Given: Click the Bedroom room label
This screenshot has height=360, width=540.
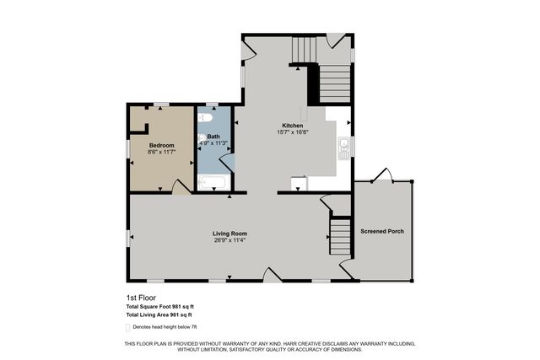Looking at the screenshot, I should click(161, 145).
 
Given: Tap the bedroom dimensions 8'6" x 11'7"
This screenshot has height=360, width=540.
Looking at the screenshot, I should click(161, 152).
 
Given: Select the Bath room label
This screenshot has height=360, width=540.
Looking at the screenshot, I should click(213, 137).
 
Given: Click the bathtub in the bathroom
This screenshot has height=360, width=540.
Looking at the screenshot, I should click(213, 181).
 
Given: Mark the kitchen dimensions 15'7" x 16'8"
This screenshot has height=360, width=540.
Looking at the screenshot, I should click(292, 132).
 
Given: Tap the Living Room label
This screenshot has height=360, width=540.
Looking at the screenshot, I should click(229, 234).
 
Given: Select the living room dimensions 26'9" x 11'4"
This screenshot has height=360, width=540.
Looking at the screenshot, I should click(229, 240).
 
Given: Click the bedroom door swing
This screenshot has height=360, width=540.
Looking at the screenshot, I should click(181, 186).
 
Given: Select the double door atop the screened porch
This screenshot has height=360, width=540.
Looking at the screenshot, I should click(381, 175).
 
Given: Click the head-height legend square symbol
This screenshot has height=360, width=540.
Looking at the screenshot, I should click(129, 326).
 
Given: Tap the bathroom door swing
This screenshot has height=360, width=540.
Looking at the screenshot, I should click(227, 163).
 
